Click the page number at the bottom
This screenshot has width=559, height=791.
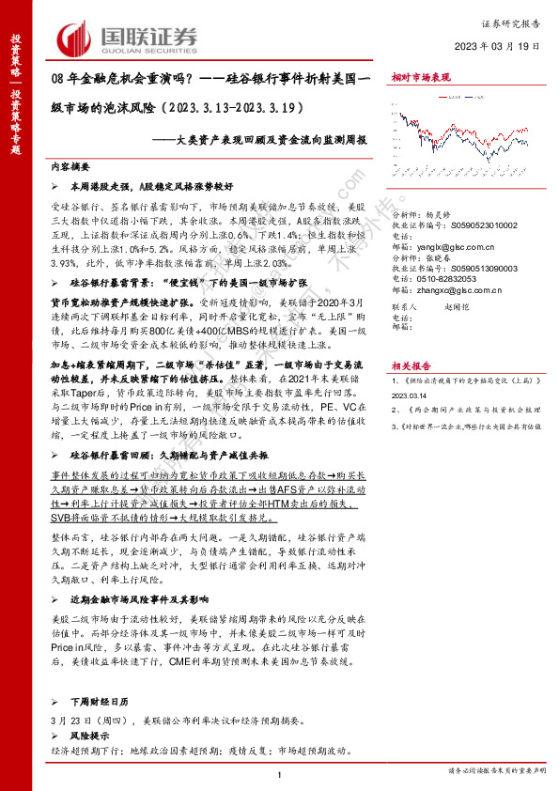[x=280, y=773]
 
